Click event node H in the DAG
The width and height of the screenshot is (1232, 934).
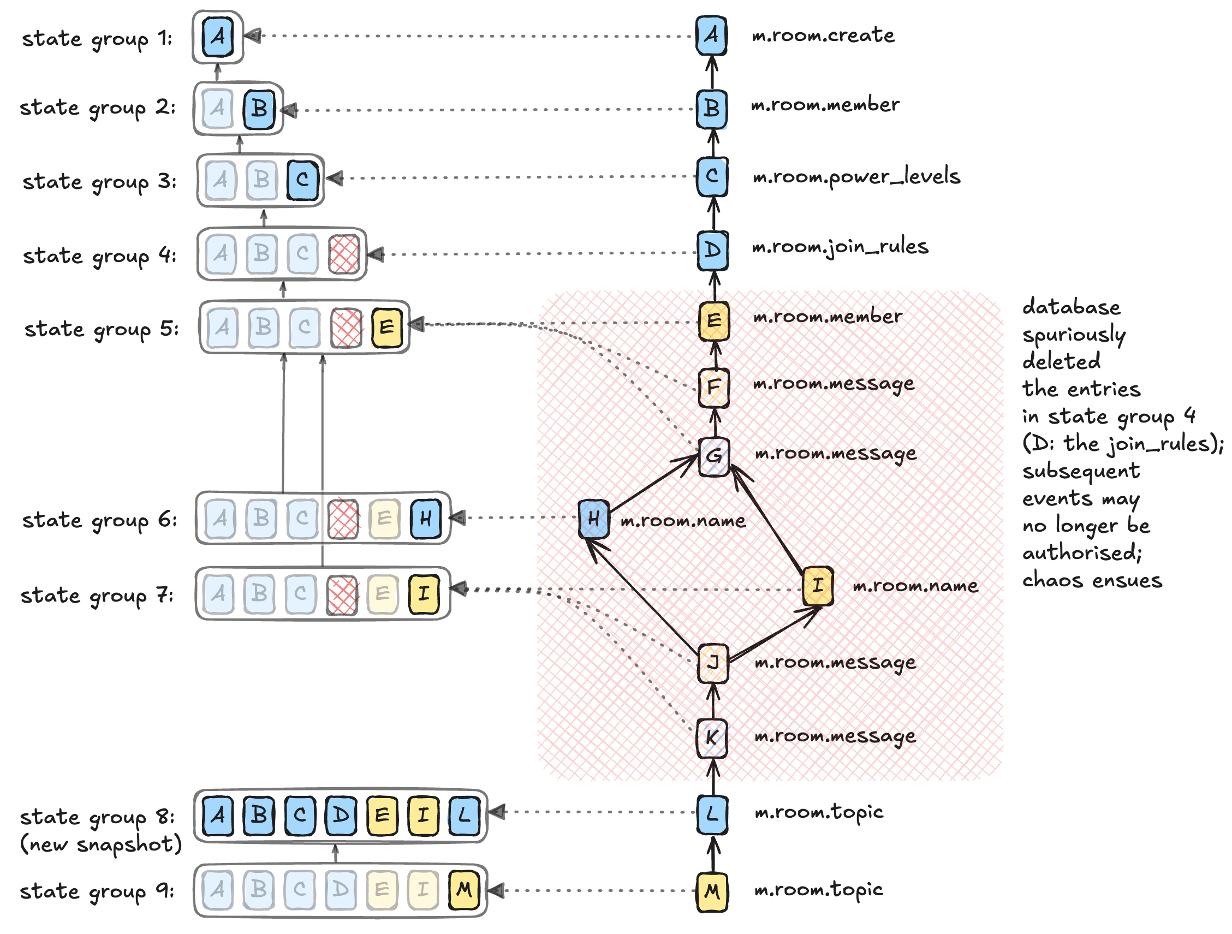[x=593, y=519]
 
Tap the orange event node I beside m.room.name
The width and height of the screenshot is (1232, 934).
[x=818, y=585]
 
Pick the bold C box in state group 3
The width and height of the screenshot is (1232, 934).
[x=302, y=180]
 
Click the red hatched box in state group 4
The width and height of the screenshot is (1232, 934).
[x=344, y=254]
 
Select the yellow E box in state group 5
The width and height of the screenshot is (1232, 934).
[x=386, y=328]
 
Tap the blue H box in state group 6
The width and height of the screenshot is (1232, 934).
[x=426, y=519]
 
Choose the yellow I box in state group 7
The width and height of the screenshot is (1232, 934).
[x=424, y=594]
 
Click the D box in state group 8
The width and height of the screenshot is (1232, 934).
[x=341, y=816]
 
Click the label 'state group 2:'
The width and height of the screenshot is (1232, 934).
[x=98, y=107]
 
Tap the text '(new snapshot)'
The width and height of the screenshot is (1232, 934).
[x=101, y=844]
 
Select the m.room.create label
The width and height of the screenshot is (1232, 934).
[x=823, y=35]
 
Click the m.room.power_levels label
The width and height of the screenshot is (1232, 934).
[x=856, y=176]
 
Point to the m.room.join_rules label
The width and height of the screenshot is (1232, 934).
[x=840, y=246]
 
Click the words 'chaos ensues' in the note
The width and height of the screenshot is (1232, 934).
[x=1092, y=580]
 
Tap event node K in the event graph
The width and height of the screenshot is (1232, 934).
[x=712, y=738]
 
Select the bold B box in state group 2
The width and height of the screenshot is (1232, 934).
[x=259, y=109]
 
